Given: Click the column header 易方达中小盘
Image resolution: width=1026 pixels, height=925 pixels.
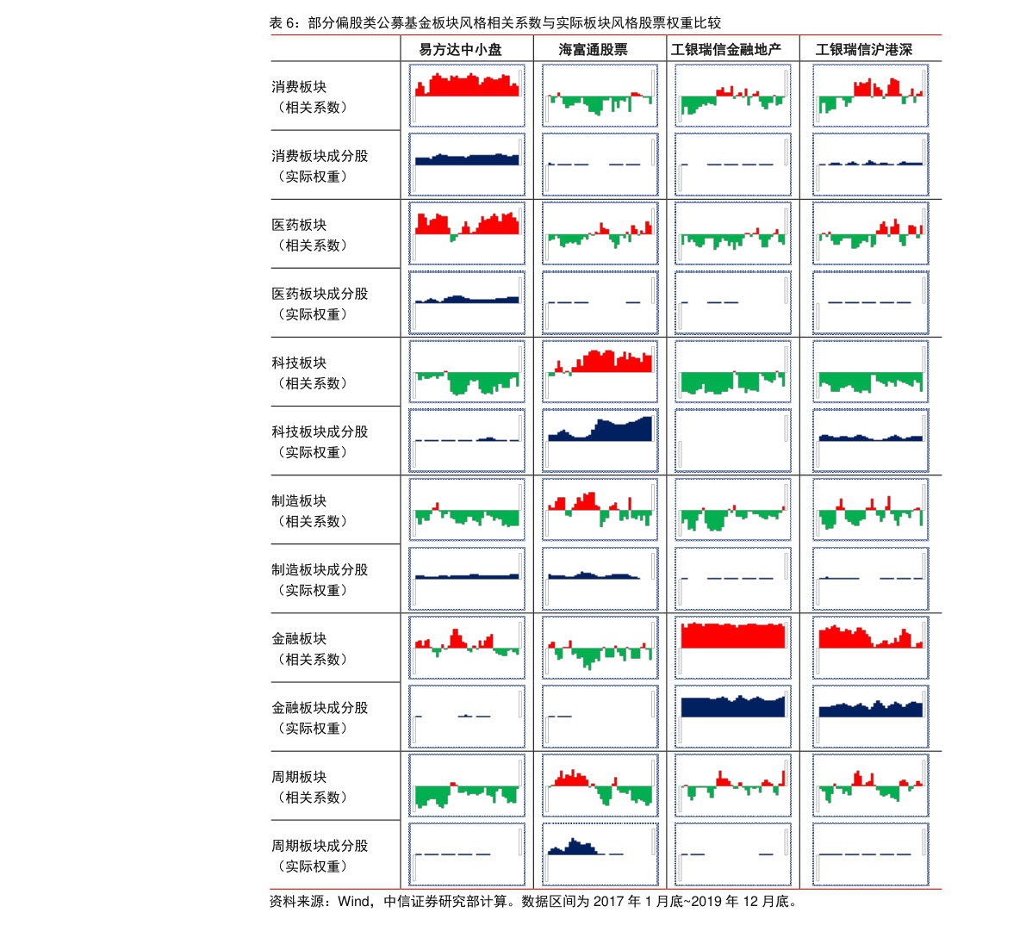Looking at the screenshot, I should coord(460,50).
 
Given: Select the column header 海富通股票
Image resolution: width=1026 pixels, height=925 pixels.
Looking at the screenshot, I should coord(593,50).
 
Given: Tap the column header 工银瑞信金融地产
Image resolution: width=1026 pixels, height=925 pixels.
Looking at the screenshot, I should coord(726,50).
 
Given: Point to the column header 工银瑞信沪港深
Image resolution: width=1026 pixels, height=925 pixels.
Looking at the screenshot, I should coord(864,50).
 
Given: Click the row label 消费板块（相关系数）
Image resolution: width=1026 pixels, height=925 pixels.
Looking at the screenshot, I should coord(310,97).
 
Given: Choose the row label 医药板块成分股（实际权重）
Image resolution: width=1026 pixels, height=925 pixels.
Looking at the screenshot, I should coord(319,304).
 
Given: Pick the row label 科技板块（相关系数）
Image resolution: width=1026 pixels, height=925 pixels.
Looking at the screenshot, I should coord(310,373).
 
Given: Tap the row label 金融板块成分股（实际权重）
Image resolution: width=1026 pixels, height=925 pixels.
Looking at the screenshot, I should coord(319,717).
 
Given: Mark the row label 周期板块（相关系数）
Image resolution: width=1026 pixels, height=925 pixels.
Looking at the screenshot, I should coord(310,786).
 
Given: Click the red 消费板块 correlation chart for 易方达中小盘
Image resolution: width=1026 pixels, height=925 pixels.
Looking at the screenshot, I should coord(467,96).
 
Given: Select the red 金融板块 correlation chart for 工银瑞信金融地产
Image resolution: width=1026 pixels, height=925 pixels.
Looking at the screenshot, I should coord(733,647).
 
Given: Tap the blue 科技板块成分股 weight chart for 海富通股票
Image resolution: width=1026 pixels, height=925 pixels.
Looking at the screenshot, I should coord(600,440).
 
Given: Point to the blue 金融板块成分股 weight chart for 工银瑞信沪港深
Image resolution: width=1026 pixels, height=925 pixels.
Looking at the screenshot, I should coord(871,716).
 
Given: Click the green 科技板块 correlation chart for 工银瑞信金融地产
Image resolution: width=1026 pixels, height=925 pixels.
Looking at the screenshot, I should coord(733,371).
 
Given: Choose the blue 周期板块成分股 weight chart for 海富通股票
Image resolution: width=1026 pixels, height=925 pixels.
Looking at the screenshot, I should coord(600,854).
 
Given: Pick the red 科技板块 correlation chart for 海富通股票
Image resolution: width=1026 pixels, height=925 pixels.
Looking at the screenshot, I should coord(600,371).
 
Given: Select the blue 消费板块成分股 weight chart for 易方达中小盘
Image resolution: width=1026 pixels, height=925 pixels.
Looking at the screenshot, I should coord(467,165).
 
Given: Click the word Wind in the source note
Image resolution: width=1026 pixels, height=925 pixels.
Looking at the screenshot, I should coord(353,902).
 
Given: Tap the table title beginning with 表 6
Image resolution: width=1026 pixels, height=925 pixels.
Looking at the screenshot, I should coord(494,23).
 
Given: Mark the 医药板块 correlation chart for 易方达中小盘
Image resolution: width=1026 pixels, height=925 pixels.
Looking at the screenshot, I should coord(467,233).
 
